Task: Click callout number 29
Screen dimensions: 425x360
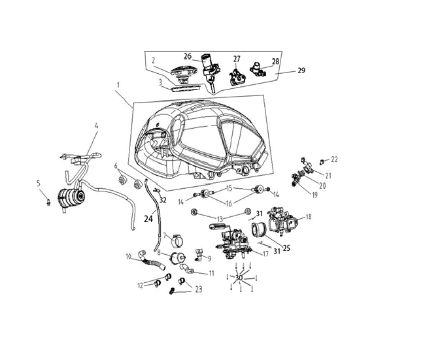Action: pyautogui.click(x=301, y=71)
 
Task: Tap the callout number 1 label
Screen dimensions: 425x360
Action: pyautogui.click(x=118, y=85)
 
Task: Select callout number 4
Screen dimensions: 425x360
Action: pyautogui.click(x=97, y=125)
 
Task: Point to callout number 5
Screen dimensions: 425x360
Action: pyautogui.click(x=39, y=184)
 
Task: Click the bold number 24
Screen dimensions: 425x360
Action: pyautogui.click(x=148, y=218)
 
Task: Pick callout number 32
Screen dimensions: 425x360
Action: pyautogui.click(x=163, y=200)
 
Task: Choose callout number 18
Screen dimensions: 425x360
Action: pyautogui.click(x=308, y=217)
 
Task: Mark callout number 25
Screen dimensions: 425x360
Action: pyautogui.click(x=286, y=248)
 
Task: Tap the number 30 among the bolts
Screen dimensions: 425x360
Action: pyautogui.click(x=239, y=278)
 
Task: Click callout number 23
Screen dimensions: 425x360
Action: pyautogui.click(x=199, y=289)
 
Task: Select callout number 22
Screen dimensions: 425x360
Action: pyautogui.click(x=335, y=159)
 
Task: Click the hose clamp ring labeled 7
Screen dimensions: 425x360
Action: pyautogui.click(x=177, y=240)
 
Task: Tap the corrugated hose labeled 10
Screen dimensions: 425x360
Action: pyautogui.click(x=151, y=261)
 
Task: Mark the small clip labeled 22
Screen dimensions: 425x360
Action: pyautogui.click(x=322, y=161)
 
